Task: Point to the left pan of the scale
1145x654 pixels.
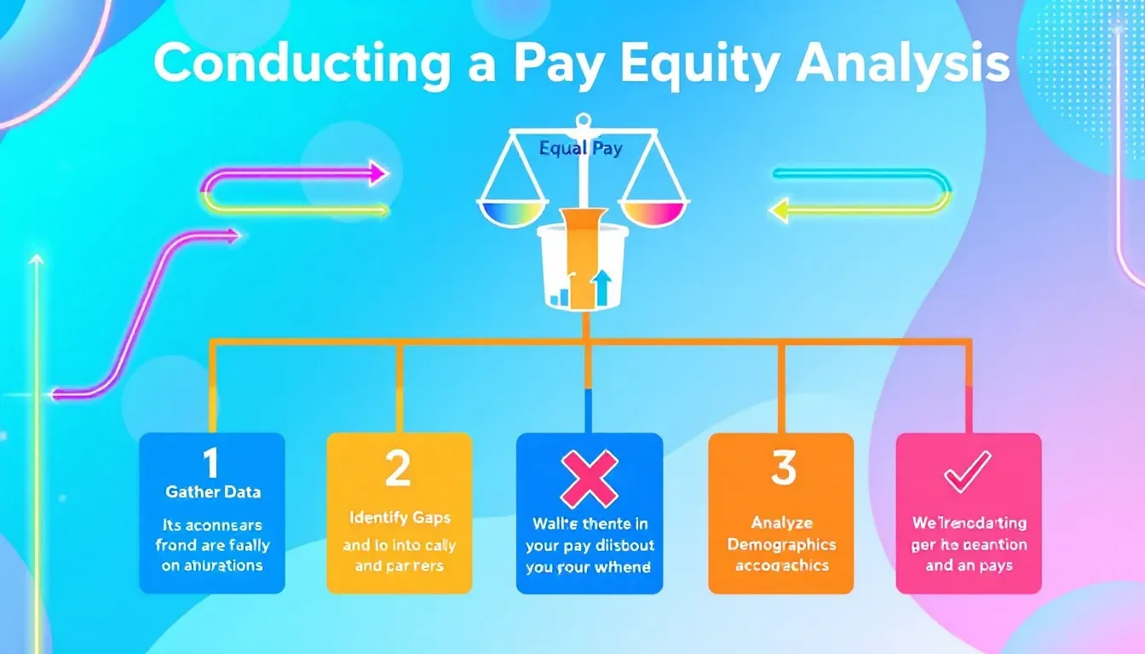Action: click(513, 211)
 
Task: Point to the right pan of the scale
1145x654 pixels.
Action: click(655, 211)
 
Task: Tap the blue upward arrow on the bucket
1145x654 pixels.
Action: click(602, 286)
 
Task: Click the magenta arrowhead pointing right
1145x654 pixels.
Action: click(377, 175)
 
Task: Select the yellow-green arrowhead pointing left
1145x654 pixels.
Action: click(779, 209)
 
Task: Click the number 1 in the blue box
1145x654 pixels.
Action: click(210, 465)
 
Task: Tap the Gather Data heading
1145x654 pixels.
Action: click(212, 492)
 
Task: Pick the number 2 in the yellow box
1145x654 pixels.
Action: click(398, 469)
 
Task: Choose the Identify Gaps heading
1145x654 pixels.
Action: click(399, 517)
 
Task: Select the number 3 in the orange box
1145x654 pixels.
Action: click(782, 468)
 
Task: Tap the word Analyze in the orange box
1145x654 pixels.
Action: click(781, 523)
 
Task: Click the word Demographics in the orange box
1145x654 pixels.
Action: click(781, 545)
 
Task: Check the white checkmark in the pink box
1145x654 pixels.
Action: click(967, 471)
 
